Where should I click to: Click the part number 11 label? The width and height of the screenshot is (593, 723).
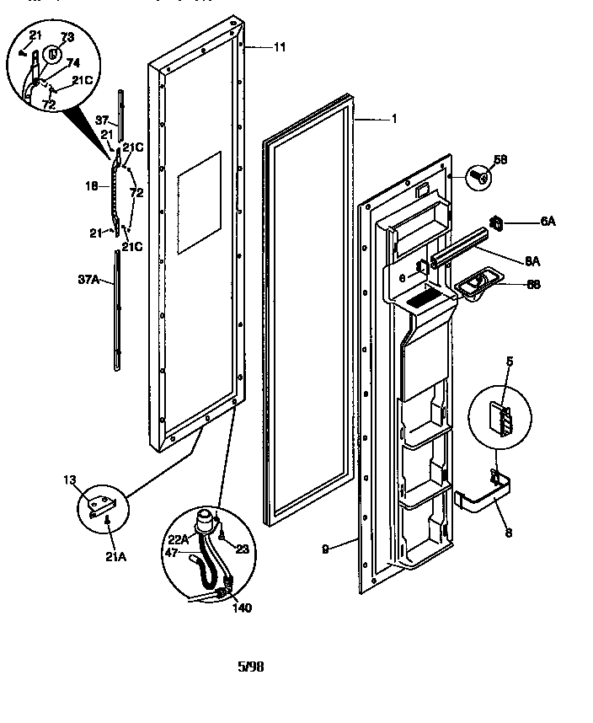click(x=280, y=48)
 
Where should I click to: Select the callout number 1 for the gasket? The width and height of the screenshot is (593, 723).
click(x=393, y=119)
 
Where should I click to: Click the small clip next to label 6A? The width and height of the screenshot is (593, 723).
click(x=497, y=222)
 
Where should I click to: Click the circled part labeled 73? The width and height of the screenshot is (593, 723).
click(x=53, y=52)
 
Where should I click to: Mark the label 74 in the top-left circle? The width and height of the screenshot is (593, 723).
click(x=73, y=63)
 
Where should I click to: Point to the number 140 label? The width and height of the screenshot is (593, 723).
click(x=241, y=607)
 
